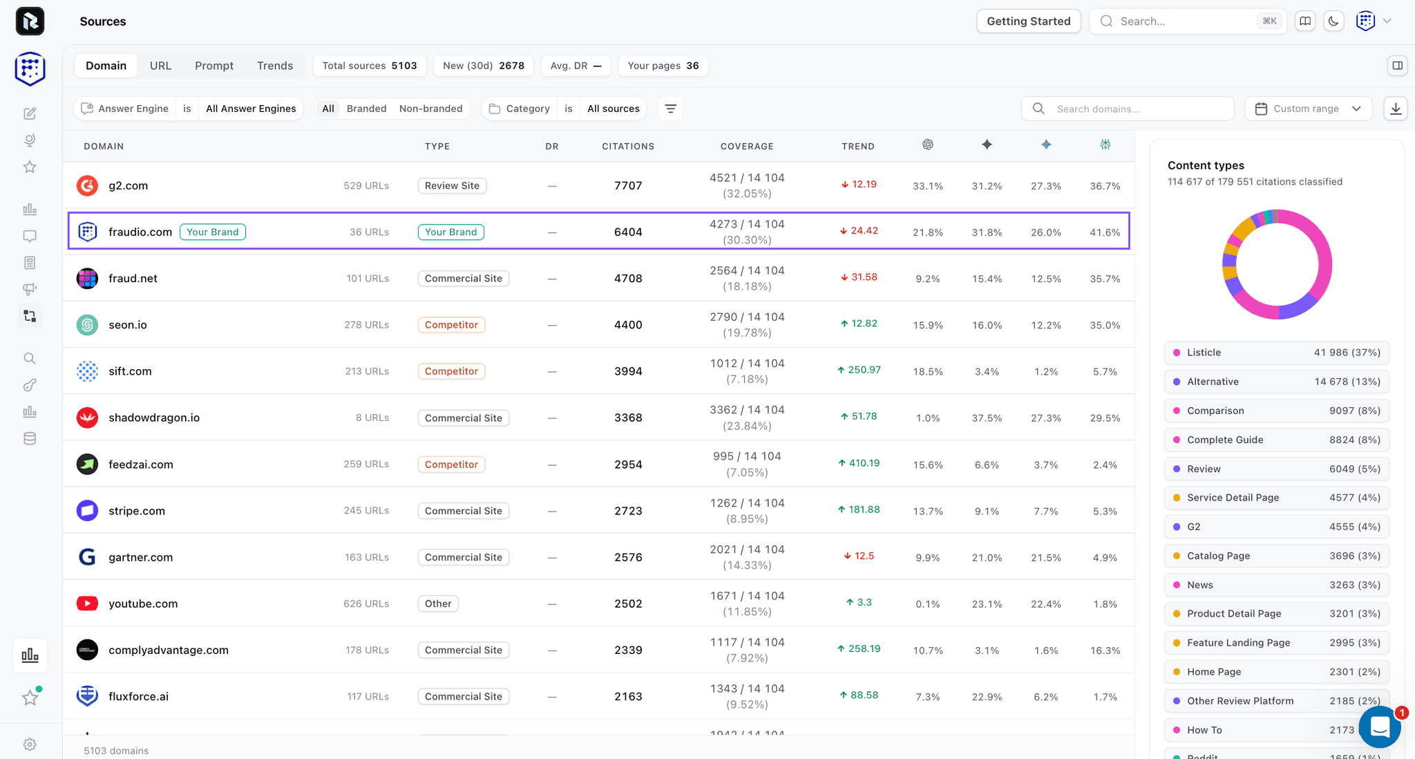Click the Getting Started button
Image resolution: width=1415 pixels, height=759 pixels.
pos(1028,21)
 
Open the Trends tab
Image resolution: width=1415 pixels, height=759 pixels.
pos(275,66)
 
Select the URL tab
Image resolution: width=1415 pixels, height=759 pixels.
pos(160,66)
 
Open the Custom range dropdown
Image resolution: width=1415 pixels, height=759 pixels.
pos(1308,109)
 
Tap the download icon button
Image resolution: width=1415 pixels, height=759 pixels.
pos(1396,109)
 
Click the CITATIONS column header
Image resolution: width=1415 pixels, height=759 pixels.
pos(628,147)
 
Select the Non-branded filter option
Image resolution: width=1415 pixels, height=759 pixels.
pos(430,109)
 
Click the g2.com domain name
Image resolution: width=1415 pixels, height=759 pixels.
pos(128,185)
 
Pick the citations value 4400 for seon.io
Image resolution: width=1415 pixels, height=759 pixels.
pos(628,325)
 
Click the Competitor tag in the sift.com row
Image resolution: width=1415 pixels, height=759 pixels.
pos(451,371)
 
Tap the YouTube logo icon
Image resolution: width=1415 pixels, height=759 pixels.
pos(87,603)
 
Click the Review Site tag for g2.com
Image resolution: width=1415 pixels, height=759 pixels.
pos(452,185)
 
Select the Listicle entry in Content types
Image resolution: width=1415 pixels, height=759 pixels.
pos(1277,353)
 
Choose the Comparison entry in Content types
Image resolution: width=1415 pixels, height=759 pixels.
pos(1277,411)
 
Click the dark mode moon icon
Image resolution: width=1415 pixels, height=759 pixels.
pos(1333,21)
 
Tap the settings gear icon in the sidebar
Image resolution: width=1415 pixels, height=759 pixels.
pos(30,744)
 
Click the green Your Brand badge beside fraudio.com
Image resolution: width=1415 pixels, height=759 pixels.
pos(213,232)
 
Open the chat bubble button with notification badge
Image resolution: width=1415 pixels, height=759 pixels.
pos(1380,727)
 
